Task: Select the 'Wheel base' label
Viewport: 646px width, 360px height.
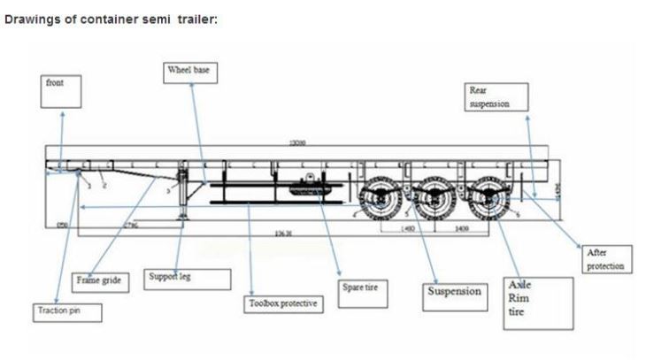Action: pyautogui.click(x=191, y=70)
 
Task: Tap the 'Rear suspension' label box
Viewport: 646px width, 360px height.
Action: pyautogui.click(x=496, y=96)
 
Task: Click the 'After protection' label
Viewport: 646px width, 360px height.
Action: pyautogui.click(x=605, y=259)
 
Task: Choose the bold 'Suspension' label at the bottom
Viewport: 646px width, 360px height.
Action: pyautogui.click(x=455, y=291)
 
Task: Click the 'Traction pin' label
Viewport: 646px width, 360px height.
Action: pyautogui.click(x=67, y=311)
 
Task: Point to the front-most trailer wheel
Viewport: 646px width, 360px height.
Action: pyautogui.click(x=381, y=199)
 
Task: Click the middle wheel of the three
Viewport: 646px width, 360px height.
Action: pyautogui.click(x=434, y=199)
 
